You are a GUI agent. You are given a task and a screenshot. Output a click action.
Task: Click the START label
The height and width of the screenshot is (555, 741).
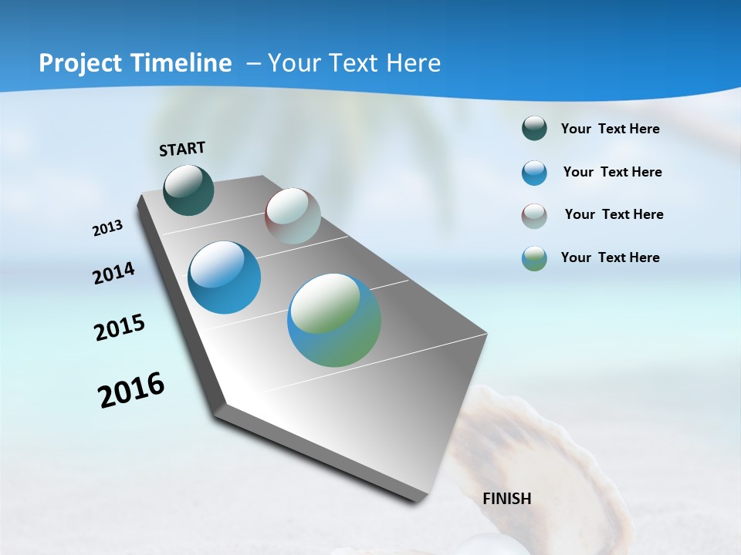click(x=182, y=149)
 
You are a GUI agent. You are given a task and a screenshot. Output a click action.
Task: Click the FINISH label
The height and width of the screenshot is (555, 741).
click(x=506, y=499)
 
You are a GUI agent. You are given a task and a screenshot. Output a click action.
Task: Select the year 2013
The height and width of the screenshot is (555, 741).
click(x=107, y=228)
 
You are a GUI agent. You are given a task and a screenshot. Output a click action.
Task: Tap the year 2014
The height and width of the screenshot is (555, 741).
click(x=113, y=274)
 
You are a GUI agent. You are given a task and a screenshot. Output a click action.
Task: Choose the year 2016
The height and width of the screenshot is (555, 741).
click(x=131, y=390)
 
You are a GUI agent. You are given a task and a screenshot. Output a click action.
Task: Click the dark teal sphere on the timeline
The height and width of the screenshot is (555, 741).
click(x=188, y=190)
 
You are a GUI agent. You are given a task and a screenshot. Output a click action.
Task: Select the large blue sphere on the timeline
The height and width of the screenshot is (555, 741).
click(x=224, y=277)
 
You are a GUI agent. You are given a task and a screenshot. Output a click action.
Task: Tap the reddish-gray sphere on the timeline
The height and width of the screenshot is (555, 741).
click(x=293, y=216)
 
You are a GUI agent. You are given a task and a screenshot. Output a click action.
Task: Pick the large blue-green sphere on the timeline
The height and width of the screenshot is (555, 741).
click(x=334, y=320)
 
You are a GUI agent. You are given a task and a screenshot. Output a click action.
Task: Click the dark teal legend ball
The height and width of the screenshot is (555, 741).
click(x=534, y=129)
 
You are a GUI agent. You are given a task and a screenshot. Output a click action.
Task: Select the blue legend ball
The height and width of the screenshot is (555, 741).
click(x=534, y=173)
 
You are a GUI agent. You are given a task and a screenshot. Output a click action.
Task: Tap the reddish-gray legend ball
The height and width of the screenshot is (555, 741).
click(x=534, y=216)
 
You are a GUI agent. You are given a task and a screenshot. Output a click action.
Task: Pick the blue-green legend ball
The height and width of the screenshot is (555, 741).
click(x=534, y=258)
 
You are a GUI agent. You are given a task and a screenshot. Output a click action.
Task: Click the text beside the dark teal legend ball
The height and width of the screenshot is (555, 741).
click(x=610, y=129)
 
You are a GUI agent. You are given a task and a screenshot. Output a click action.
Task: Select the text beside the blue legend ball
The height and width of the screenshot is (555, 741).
click(x=612, y=172)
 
